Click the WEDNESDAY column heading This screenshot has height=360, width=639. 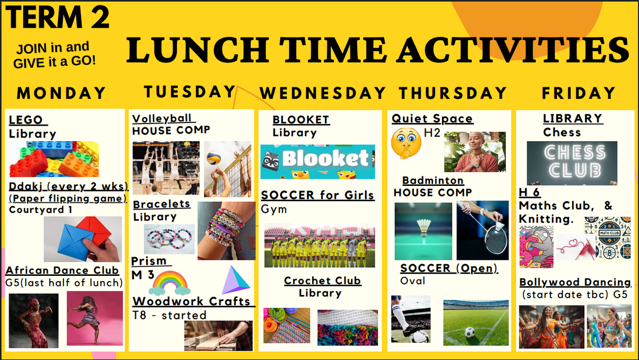point(323,93)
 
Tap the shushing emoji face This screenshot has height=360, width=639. point(406,143)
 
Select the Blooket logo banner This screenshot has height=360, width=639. point(317,162)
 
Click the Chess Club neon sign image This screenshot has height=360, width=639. point(572,163)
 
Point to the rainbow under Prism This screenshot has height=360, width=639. point(170,283)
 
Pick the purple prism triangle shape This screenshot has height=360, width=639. point(235,280)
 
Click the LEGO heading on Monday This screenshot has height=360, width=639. point(26,120)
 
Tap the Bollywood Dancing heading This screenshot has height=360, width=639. point(575,282)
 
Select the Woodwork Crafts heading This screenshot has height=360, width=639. point(191,301)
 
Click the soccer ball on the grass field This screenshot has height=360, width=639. point(470,332)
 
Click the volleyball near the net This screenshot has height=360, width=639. point(214,158)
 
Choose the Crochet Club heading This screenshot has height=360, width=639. point(322,281)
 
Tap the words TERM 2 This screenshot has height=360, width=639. point(58,17)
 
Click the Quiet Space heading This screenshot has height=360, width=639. point(432,119)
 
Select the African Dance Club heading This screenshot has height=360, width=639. point(62,270)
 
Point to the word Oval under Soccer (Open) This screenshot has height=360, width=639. point(413,281)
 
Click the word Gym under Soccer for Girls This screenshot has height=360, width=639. point(274,209)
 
